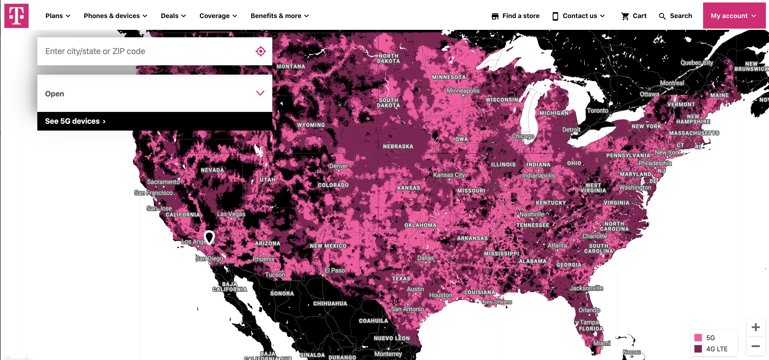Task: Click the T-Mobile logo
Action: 16,16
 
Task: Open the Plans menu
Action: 58,16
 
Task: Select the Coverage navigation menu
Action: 218,16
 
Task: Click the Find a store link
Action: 515,16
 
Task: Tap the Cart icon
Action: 625,16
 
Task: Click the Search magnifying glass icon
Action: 662,16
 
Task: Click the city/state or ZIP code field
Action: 146,51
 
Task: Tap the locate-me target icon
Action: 260,51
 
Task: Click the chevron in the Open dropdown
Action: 260,93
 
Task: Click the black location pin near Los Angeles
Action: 209,237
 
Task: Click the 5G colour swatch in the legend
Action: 698,338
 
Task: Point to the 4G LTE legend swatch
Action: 698,349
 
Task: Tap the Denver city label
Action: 338,166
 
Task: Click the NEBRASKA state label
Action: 398,146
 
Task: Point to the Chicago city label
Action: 523,136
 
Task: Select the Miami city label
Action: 601,343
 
